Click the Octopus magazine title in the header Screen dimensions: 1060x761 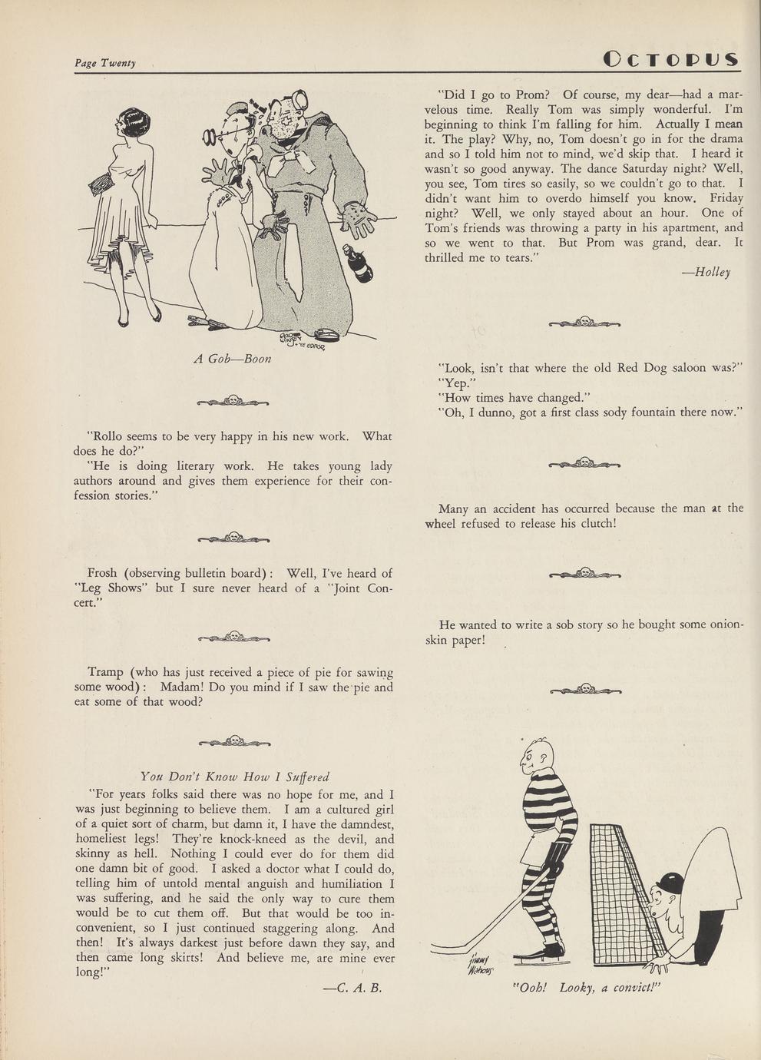670,59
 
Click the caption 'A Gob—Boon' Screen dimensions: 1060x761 233,359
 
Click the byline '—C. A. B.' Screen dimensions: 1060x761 353,989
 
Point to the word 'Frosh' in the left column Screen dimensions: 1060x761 102,573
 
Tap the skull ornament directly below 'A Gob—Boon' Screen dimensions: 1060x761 233,400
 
